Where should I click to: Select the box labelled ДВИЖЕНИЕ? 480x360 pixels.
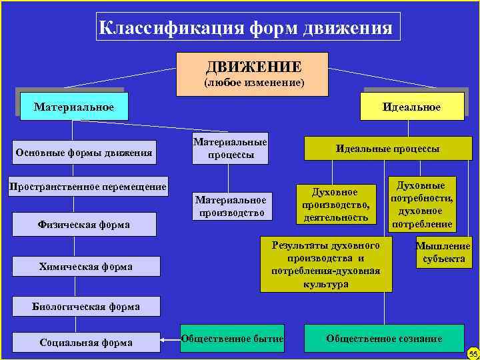coord(253,73)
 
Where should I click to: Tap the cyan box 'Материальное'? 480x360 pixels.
coord(73,107)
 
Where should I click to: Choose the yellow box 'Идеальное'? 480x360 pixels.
coord(411,107)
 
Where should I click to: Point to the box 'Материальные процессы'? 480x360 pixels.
coord(230,148)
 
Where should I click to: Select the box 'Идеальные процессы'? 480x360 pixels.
coord(387,149)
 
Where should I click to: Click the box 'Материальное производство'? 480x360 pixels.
coord(230,206)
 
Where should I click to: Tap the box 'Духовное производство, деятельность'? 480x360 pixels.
coord(335,205)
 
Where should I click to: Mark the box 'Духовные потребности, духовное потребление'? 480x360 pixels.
coord(421,203)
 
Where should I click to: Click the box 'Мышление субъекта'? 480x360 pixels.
coord(443,252)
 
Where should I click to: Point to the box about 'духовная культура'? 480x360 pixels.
coord(325,265)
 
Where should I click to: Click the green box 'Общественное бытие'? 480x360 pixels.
coord(232,339)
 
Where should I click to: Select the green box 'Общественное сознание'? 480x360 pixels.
coord(383,339)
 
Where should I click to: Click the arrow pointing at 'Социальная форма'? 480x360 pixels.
coord(170,341)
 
